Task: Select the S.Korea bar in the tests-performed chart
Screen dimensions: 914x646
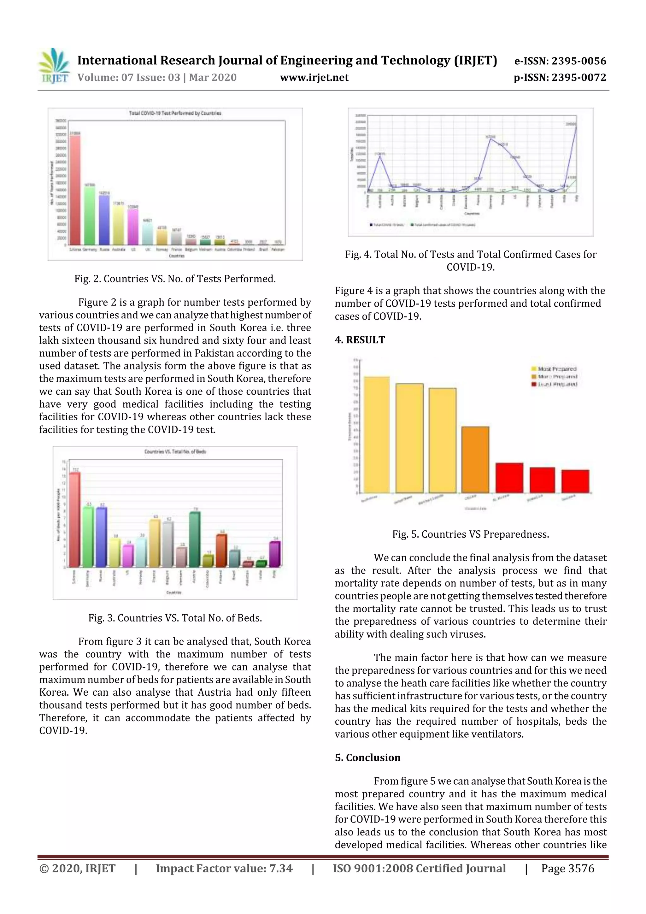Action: click(x=75, y=190)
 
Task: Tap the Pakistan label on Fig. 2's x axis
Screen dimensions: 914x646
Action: click(x=278, y=249)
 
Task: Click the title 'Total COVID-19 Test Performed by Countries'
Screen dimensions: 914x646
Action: click(x=175, y=113)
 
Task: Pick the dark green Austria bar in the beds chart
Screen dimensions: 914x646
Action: click(x=195, y=540)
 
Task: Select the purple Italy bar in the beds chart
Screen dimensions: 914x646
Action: click(x=275, y=554)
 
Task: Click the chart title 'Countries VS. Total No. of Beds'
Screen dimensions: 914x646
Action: click(x=175, y=451)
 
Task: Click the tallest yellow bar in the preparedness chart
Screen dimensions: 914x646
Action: click(x=377, y=434)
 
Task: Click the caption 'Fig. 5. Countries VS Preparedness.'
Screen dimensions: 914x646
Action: click(x=471, y=534)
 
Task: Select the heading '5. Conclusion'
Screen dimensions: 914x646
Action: click(x=367, y=758)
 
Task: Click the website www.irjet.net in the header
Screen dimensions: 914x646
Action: click(x=314, y=78)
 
